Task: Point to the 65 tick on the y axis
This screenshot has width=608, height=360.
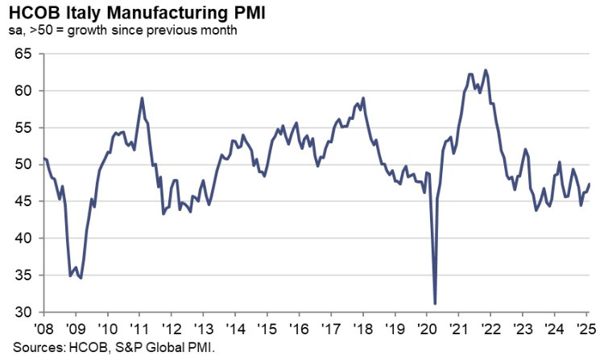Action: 23,54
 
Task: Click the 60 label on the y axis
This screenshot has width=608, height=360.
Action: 23,91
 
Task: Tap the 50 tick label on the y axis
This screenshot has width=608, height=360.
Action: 23,164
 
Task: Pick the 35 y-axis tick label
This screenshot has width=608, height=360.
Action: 23,275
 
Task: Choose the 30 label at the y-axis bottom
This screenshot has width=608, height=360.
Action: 23,312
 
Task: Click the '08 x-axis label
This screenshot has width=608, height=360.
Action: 44,329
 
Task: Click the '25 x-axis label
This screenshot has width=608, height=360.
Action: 585,329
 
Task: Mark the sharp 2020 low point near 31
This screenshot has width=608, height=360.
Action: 435,304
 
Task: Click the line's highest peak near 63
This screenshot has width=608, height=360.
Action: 485,70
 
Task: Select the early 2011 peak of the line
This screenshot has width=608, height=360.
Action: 142,98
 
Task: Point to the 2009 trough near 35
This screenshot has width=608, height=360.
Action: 81,278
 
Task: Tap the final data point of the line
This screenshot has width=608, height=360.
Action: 589,184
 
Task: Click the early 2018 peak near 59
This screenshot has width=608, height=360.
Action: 363,98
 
